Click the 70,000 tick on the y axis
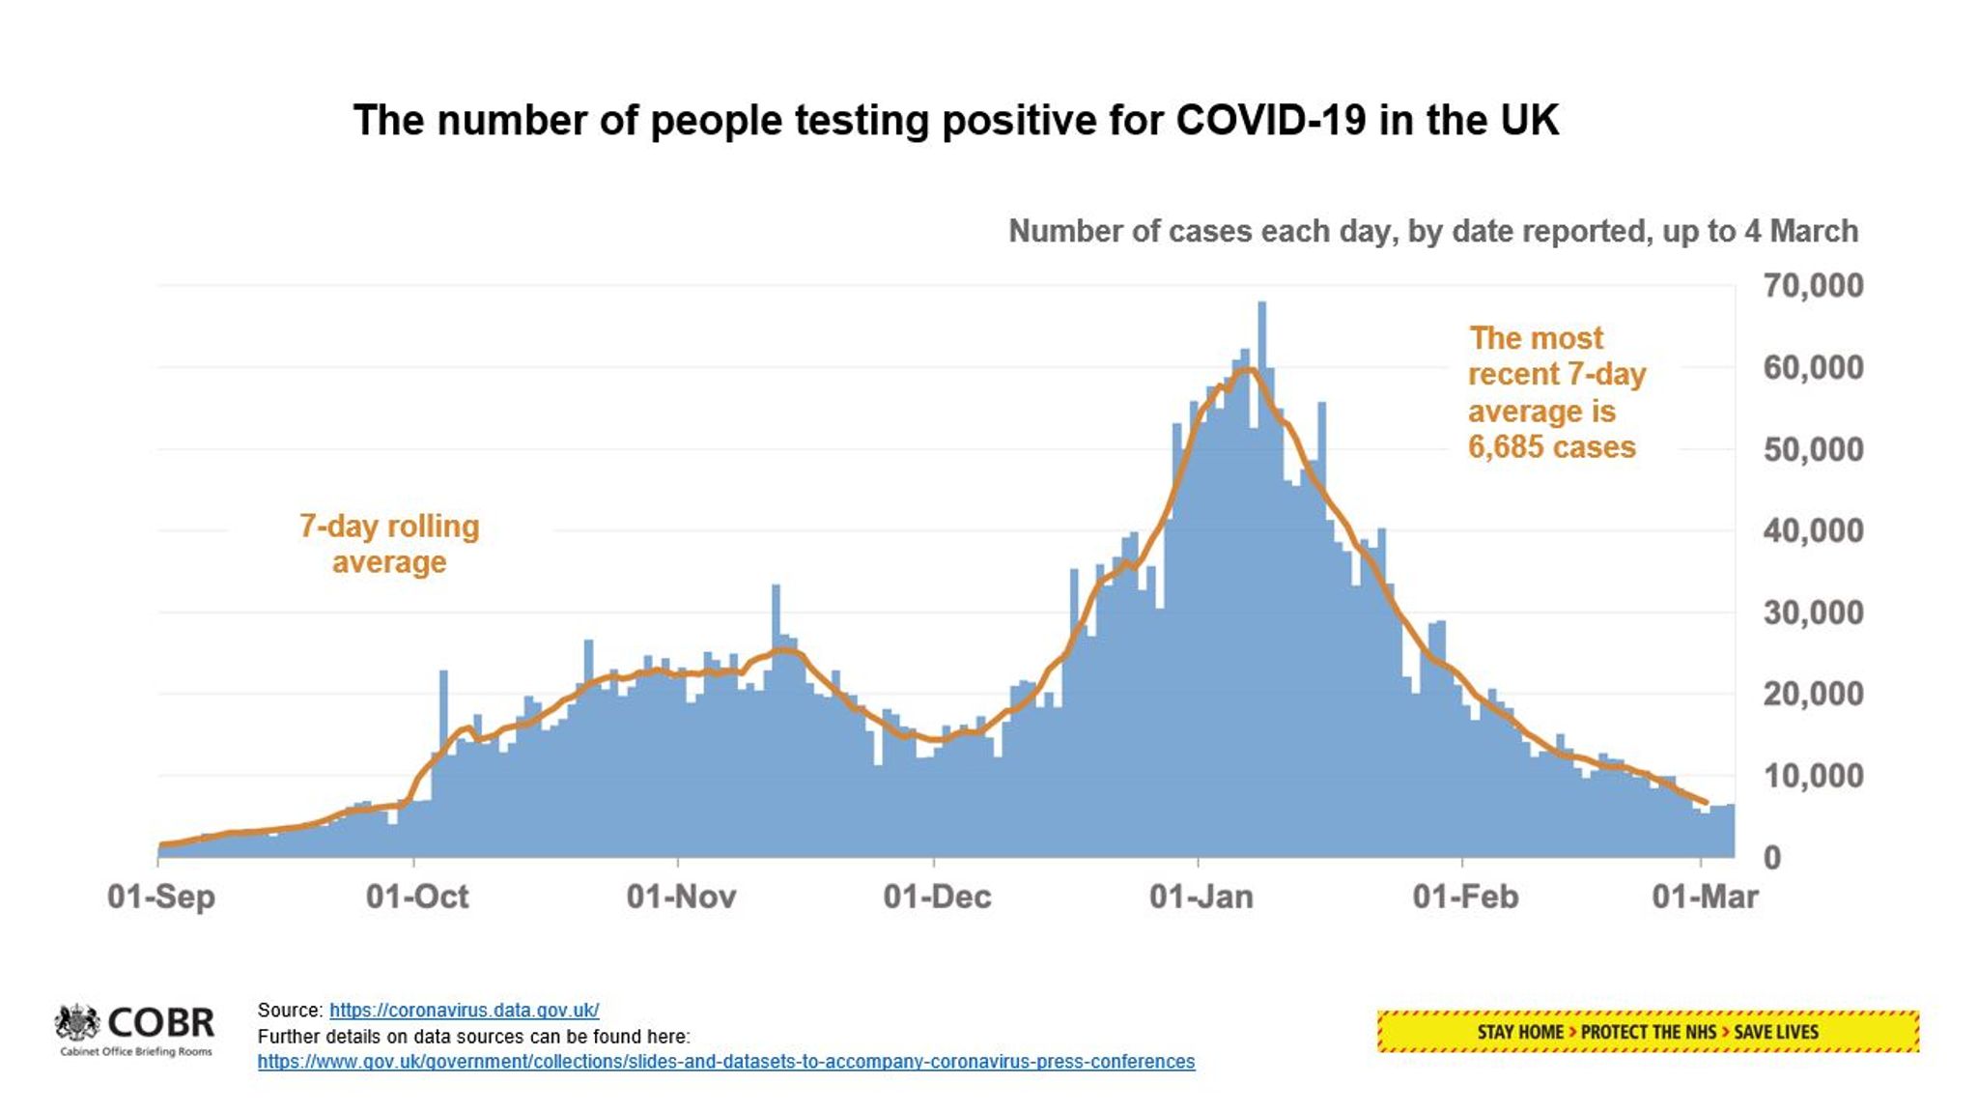coord(1813,286)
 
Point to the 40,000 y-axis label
coord(1813,530)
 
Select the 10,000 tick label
coord(1813,776)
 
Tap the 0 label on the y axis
coord(1772,857)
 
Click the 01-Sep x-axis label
coord(161,897)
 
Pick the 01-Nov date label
coord(681,897)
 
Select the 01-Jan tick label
coord(1201,897)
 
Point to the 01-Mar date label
coord(1705,897)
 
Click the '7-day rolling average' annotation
coord(389,544)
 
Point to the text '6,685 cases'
coord(1551,447)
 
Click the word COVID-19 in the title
coord(1270,121)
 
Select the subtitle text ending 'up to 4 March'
coord(1432,232)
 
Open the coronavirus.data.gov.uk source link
coord(464,1011)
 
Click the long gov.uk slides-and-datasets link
coord(725,1062)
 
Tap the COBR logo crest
coord(77,1023)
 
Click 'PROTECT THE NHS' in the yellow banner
coord(1648,1032)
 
